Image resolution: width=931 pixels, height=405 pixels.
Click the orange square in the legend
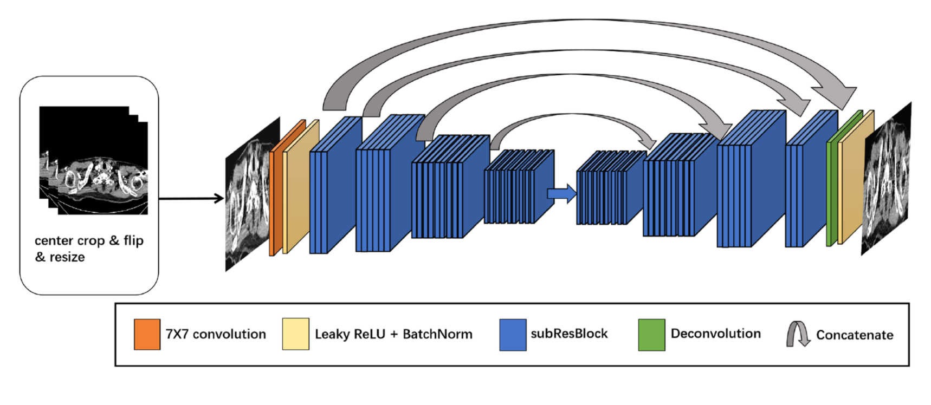147,334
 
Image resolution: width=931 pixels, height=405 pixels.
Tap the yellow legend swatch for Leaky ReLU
295,334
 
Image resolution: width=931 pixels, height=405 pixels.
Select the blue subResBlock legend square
513,335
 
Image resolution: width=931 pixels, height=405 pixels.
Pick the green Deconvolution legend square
651,335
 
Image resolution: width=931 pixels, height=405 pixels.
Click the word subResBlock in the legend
569,334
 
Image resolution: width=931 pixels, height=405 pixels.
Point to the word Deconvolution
715,334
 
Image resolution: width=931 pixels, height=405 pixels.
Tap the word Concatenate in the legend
855,335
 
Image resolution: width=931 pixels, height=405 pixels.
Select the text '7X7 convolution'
216,334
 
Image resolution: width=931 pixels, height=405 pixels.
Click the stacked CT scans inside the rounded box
93,160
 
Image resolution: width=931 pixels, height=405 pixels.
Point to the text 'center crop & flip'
89,240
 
